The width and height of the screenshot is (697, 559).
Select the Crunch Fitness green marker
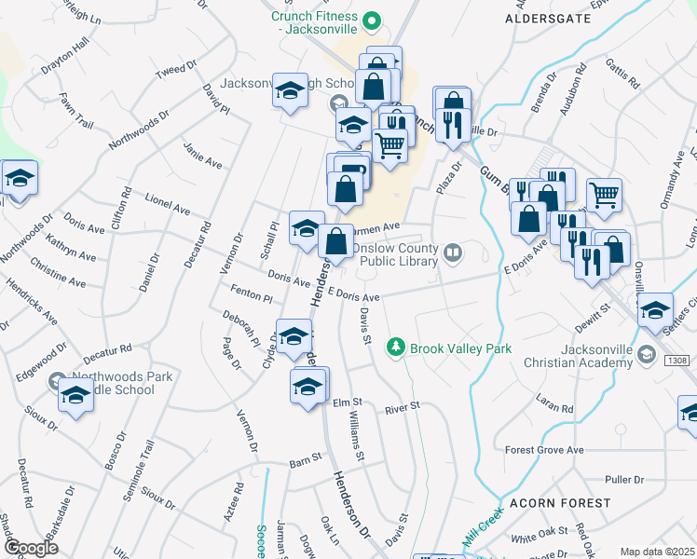pos(372,20)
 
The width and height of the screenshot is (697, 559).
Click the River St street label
pos(403,407)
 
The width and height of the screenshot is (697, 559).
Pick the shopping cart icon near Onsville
pos(604,194)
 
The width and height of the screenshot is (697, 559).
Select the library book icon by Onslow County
pos(452,252)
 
